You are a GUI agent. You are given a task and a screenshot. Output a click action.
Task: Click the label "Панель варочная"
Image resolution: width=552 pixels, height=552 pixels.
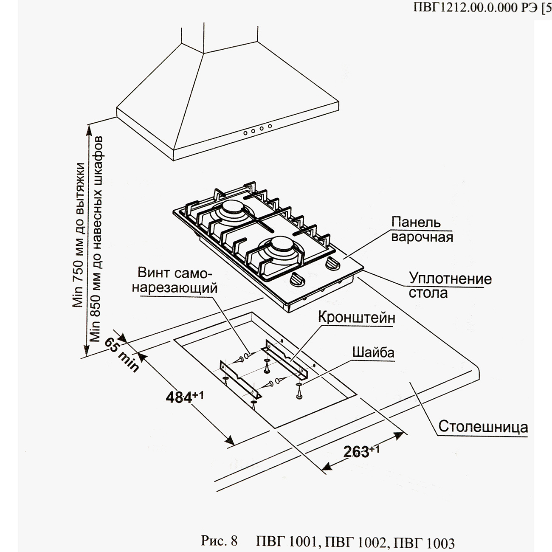422,229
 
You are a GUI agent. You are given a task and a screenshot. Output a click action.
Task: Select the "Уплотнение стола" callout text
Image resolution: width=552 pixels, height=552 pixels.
450,286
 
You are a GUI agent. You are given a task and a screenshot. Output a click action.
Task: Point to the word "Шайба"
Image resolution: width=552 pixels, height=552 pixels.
373,352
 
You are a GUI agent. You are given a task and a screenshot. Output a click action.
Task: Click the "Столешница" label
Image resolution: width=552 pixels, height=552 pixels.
483,426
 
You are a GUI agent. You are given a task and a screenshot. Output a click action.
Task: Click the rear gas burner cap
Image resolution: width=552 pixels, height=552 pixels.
233,208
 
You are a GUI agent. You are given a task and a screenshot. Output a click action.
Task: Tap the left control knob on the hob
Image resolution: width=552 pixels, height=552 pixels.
296,279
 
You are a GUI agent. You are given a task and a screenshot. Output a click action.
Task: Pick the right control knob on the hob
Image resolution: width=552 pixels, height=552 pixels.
331,264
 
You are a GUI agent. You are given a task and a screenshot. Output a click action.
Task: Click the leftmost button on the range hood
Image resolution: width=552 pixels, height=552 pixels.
245,132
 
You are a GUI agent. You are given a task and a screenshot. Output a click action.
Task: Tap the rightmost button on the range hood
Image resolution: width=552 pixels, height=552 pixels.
270,127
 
